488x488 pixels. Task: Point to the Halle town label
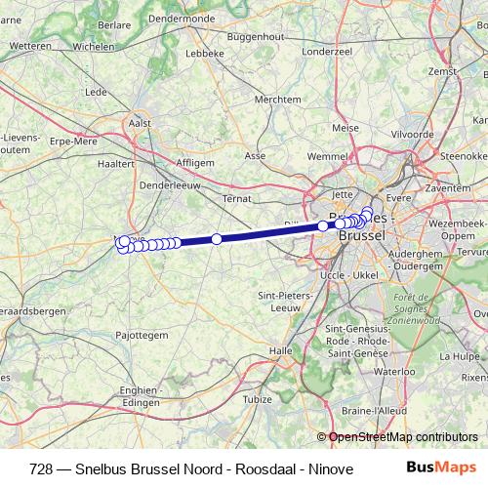coord(281,349)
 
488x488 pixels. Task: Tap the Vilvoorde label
coord(412,133)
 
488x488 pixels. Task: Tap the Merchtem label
coord(277,100)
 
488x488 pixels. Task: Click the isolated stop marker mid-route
coord(217,239)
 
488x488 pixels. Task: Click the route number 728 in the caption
coord(42,467)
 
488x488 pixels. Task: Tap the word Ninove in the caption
coord(279,467)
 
